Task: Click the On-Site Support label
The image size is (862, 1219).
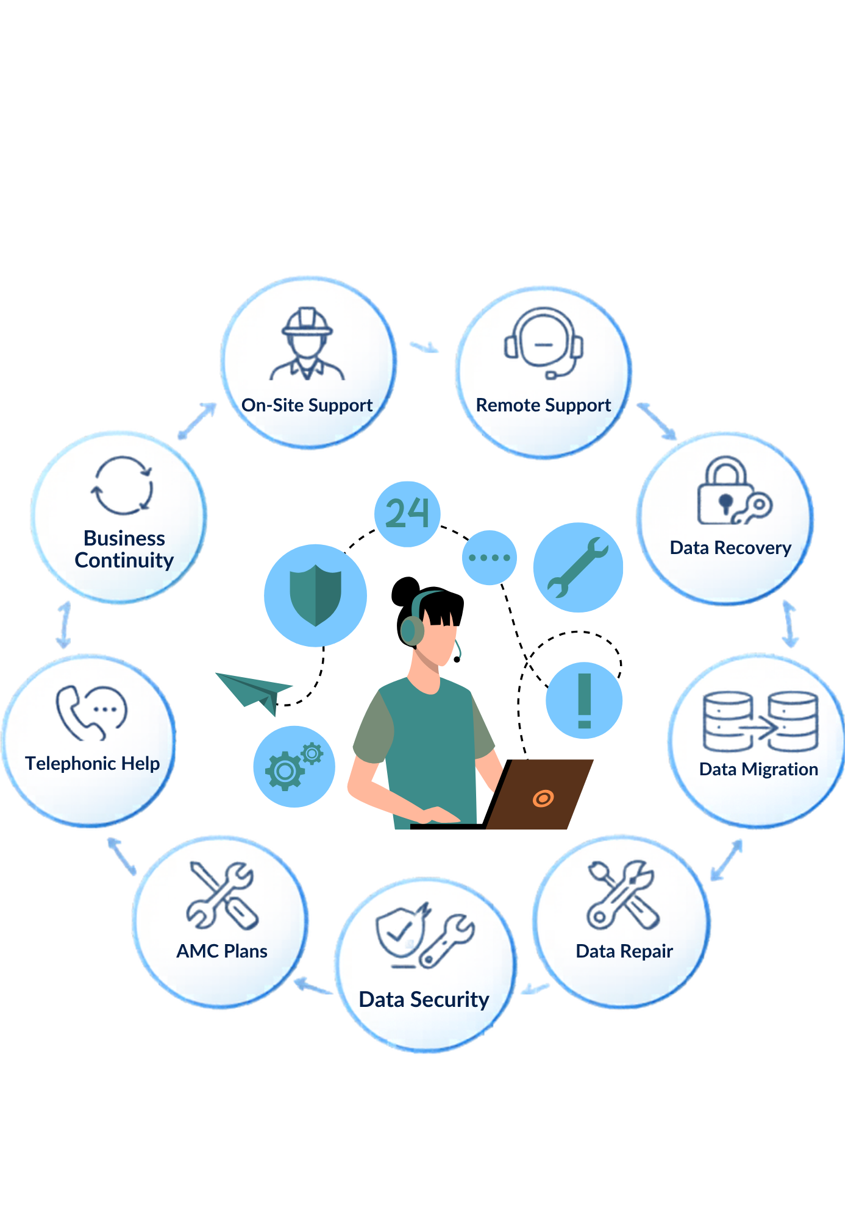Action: pos(307,405)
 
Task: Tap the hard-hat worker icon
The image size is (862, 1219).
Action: pos(307,344)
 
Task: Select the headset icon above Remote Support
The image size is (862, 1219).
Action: pos(544,343)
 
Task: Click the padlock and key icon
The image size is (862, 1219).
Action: pos(734,491)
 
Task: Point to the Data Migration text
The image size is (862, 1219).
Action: pos(758,769)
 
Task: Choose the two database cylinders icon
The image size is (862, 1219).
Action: pos(760,721)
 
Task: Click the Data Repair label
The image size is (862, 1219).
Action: pos(624,951)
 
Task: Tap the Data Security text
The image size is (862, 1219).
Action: pos(424,1000)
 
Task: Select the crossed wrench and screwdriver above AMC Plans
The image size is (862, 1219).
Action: pos(223,895)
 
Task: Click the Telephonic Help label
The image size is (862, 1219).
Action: pos(93,763)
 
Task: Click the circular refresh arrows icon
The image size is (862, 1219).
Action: pos(122,486)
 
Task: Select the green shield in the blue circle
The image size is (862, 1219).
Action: pos(315,595)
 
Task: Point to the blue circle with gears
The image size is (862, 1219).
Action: pos(294,766)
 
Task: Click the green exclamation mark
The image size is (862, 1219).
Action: pos(585,700)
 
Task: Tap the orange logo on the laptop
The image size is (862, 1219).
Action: pos(543,798)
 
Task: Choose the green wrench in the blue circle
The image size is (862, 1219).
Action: pos(578,567)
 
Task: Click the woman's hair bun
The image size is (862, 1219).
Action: pos(405,591)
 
